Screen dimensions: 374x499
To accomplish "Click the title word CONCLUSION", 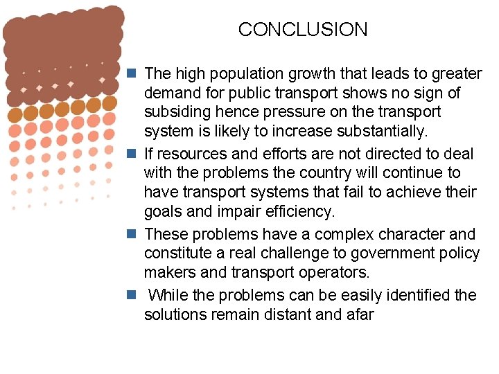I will (x=303, y=30).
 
